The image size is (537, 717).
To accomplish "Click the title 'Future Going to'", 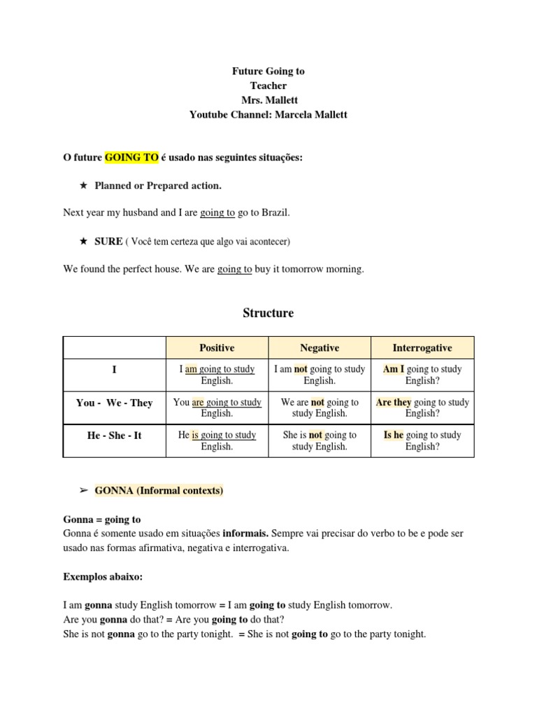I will click(268, 71).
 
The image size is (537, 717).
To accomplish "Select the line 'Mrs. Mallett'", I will click(268, 100).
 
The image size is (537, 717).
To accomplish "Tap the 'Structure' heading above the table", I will click(268, 313).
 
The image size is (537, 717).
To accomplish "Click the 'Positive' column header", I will click(217, 348).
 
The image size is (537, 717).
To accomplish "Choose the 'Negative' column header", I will click(320, 348).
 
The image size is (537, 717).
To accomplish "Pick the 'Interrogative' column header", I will click(422, 348).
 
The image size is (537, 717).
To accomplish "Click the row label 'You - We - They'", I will click(114, 403).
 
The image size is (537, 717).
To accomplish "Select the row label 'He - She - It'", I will click(114, 436).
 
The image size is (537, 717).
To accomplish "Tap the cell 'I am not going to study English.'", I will click(320, 375).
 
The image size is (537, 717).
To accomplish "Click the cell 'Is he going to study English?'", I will click(422, 440).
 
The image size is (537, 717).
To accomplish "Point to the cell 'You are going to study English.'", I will click(217, 408).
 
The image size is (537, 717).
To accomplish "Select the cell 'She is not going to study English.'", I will click(320, 440).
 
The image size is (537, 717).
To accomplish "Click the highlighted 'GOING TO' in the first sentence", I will click(131, 158).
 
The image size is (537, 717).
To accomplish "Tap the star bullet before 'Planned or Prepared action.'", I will click(83, 186).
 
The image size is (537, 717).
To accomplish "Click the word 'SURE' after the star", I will click(108, 242).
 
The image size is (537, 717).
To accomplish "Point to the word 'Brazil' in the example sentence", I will click(273, 212).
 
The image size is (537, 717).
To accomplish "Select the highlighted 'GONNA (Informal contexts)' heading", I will click(159, 491).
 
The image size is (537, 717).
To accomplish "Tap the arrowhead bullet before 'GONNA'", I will click(83, 491).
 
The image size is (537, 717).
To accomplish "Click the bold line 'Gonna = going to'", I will click(102, 520).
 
